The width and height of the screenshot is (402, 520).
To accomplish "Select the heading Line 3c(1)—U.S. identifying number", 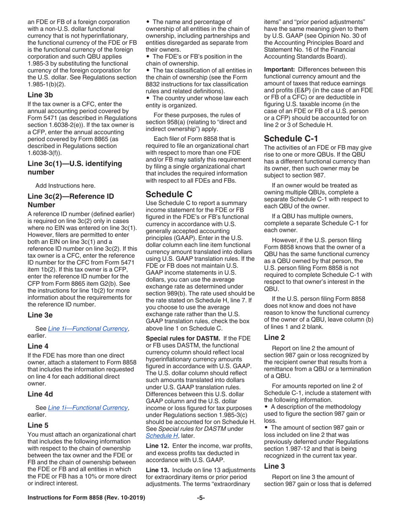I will point(74,167).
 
